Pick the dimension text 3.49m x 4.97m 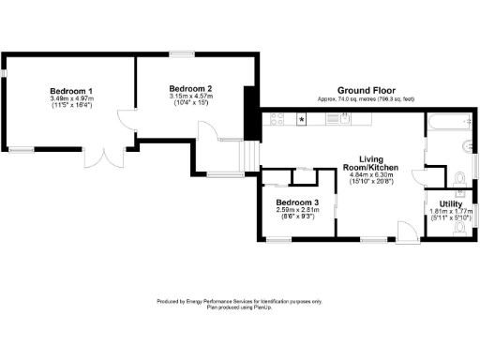tap(65, 97)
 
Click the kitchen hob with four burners tap(277, 119)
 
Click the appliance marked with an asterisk tap(301, 120)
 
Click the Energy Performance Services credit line tap(238, 301)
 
